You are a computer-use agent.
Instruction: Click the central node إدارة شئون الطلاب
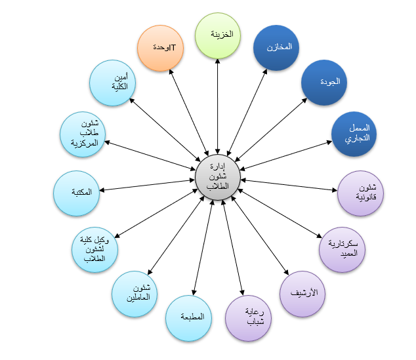tap(218, 177)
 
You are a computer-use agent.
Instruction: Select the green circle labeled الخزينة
tap(218, 35)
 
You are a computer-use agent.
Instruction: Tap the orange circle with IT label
tap(160, 48)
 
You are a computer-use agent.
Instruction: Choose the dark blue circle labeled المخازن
tap(276, 48)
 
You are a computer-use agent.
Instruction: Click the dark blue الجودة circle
tap(324, 83)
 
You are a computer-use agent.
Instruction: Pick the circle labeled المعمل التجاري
tap(354, 134)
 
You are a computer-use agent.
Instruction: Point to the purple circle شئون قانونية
tap(360, 193)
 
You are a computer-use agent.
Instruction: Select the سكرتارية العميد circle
tap(342, 249)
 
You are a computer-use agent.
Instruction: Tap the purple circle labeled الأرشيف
tap(302, 294)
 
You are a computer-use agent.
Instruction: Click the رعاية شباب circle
tap(248, 318)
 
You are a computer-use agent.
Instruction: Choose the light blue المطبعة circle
tap(188, 318)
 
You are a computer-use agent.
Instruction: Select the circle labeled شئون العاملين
tap(135, 294)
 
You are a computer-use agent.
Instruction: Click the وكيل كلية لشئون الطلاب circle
tap(94, 249)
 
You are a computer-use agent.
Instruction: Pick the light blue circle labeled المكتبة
tap(76, 193)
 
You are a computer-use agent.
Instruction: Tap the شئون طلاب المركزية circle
tap(83, 134)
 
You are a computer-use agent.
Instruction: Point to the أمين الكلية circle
tap(112, 83)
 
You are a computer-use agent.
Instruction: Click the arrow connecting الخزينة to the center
tap(218, 106)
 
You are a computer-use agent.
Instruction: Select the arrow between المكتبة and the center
tap(147, 185)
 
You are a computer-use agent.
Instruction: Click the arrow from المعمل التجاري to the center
tap(285, 155)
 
